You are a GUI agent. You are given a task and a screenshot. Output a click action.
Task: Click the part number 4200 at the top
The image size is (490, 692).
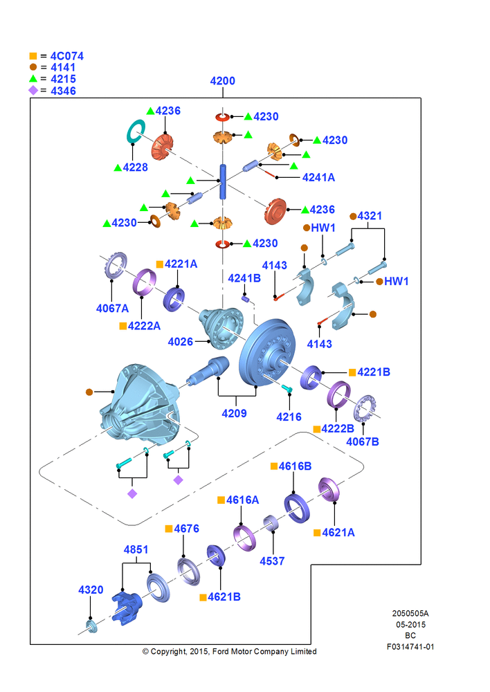[x=222, y=81]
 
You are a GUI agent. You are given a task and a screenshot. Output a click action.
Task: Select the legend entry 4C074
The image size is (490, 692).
[x=66, y=56]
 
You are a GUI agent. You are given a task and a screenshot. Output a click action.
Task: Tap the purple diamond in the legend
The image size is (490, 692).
[x=33, y=91]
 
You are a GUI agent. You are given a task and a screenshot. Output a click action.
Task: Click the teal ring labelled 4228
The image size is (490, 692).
[x=136, y=131]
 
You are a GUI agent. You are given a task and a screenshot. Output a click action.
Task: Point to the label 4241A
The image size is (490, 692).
[x=318, y=177]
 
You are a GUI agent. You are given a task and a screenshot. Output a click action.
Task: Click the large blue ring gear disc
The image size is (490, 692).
[x=266, y=352]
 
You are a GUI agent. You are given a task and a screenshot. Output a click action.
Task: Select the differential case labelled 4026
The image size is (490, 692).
[x=221, y=327]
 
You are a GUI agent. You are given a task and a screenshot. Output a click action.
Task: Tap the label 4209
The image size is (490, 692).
[x=234, y=414]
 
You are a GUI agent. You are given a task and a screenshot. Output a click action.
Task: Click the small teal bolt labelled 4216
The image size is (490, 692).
[x=287, y=388]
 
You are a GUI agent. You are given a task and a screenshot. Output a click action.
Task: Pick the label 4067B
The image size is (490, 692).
[x=363, y=441]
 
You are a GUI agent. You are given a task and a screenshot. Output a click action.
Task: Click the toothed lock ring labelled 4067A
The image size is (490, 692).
[x=116, y=265]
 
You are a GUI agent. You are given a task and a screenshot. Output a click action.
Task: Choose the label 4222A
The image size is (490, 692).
[x=144, y=326]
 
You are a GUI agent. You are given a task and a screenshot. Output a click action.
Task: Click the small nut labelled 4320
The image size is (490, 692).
[x=91, y=626]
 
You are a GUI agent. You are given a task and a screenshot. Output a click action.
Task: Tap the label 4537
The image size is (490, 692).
[x=272, y=561]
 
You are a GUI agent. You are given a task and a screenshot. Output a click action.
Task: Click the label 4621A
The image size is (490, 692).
[x=338, y=533]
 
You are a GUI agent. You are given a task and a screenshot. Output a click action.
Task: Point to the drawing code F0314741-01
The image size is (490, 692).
[x=410, y=646]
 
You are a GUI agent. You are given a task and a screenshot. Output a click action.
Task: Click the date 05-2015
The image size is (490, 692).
[x=410, y=624]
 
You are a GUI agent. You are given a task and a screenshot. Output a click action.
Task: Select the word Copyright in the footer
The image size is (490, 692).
[x=168, y=651]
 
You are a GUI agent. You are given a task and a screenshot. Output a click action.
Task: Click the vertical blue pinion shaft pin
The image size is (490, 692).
[x=223, y=181]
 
